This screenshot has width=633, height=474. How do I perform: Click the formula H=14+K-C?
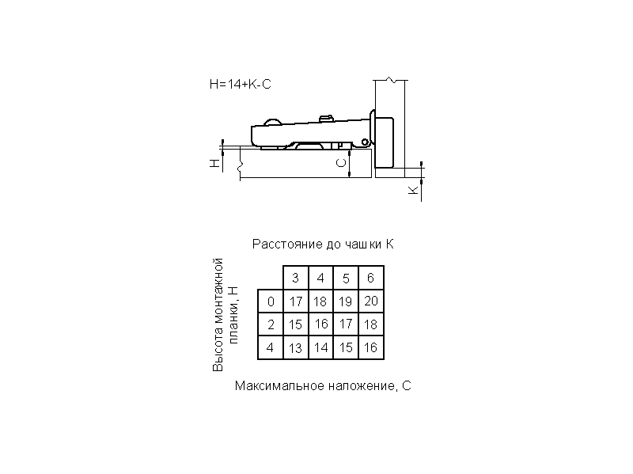[241, 85]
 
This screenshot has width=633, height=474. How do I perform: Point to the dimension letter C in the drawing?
[342, 163]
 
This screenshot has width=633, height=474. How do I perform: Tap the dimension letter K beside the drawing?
[413, 191]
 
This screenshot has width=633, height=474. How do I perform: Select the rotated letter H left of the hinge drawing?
[215, 163]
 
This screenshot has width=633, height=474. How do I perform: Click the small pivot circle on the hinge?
[365, 142]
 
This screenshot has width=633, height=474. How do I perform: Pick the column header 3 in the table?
[295, 279]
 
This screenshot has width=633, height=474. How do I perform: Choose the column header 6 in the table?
[370, 279]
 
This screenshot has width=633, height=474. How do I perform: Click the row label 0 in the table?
[271, 301]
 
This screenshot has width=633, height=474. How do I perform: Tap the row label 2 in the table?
[271, 324]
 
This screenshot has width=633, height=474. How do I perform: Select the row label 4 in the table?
[271, 347]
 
